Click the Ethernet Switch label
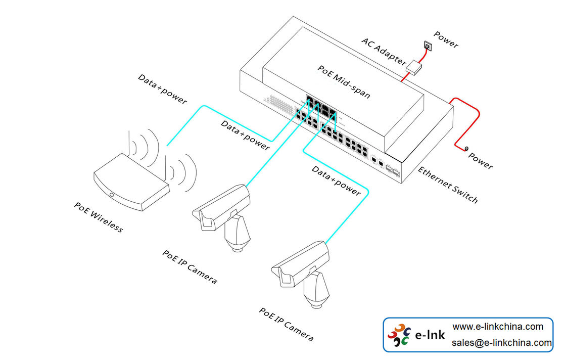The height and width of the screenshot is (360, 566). click(x=447, y=185)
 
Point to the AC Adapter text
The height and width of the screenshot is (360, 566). click(x=383, y=51)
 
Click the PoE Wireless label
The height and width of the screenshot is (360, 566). click(x=98, y=217)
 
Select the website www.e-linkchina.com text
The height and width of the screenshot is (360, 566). click(x=497, y=327)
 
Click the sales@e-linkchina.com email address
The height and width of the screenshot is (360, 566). click(x=501, y=343)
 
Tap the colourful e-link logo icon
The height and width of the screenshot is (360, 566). click(x=399, y=335)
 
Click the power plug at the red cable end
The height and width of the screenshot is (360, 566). click(x=466, y=148)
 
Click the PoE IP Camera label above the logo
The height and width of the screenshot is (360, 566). click(x=286, y=324)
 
